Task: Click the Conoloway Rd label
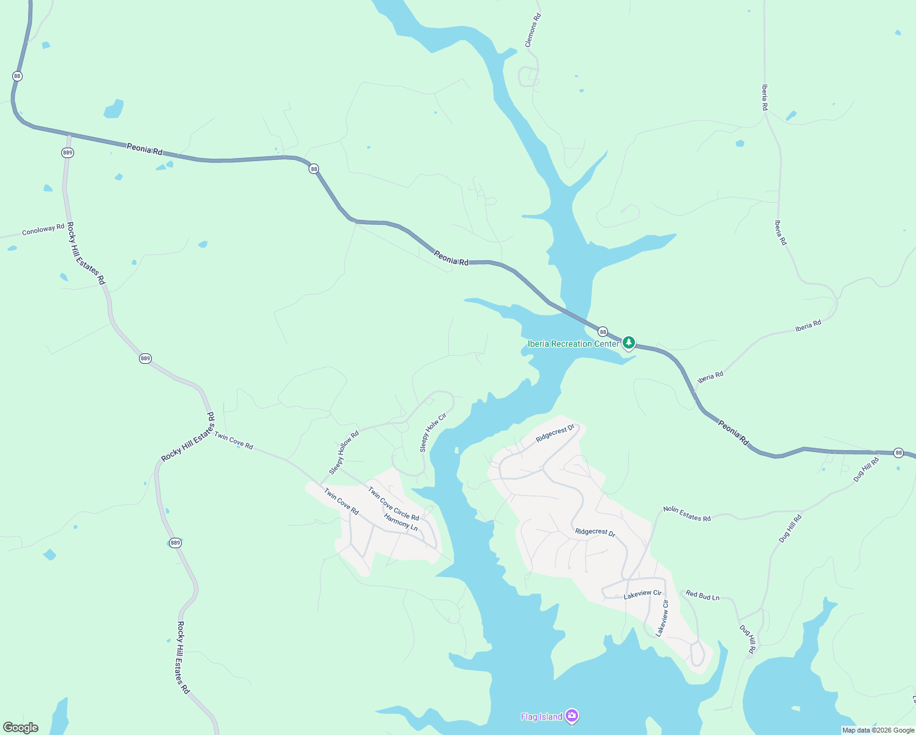(x=43, y=230)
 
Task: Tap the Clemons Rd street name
(x=533, y=30)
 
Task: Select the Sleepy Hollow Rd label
(x=343, y=453)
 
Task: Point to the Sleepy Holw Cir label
(x=433, y=432)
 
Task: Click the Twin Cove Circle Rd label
(x=393, y=503)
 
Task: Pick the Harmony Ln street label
(x=400, y=522)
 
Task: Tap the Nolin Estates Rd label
(x=687, y=514)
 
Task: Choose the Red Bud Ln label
(x=702, y=595)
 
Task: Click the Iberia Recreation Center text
(x=573, y=344)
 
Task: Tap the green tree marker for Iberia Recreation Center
(x=629, y=342)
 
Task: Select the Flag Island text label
(x=541, y=717)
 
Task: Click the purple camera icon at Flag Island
(x=572, y=715)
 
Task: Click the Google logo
(x=20, y=728)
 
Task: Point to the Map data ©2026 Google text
(x=878, y=730)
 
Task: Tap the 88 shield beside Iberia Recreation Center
(x=603, y=331)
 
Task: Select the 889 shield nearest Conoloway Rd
(x=67, y=153)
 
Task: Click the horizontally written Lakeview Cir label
(x=642, y=594)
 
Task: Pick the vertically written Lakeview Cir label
(x=662, y=618)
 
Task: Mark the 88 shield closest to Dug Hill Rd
(x=898, y=453)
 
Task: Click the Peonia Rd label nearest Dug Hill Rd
(x=734, y=432)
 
